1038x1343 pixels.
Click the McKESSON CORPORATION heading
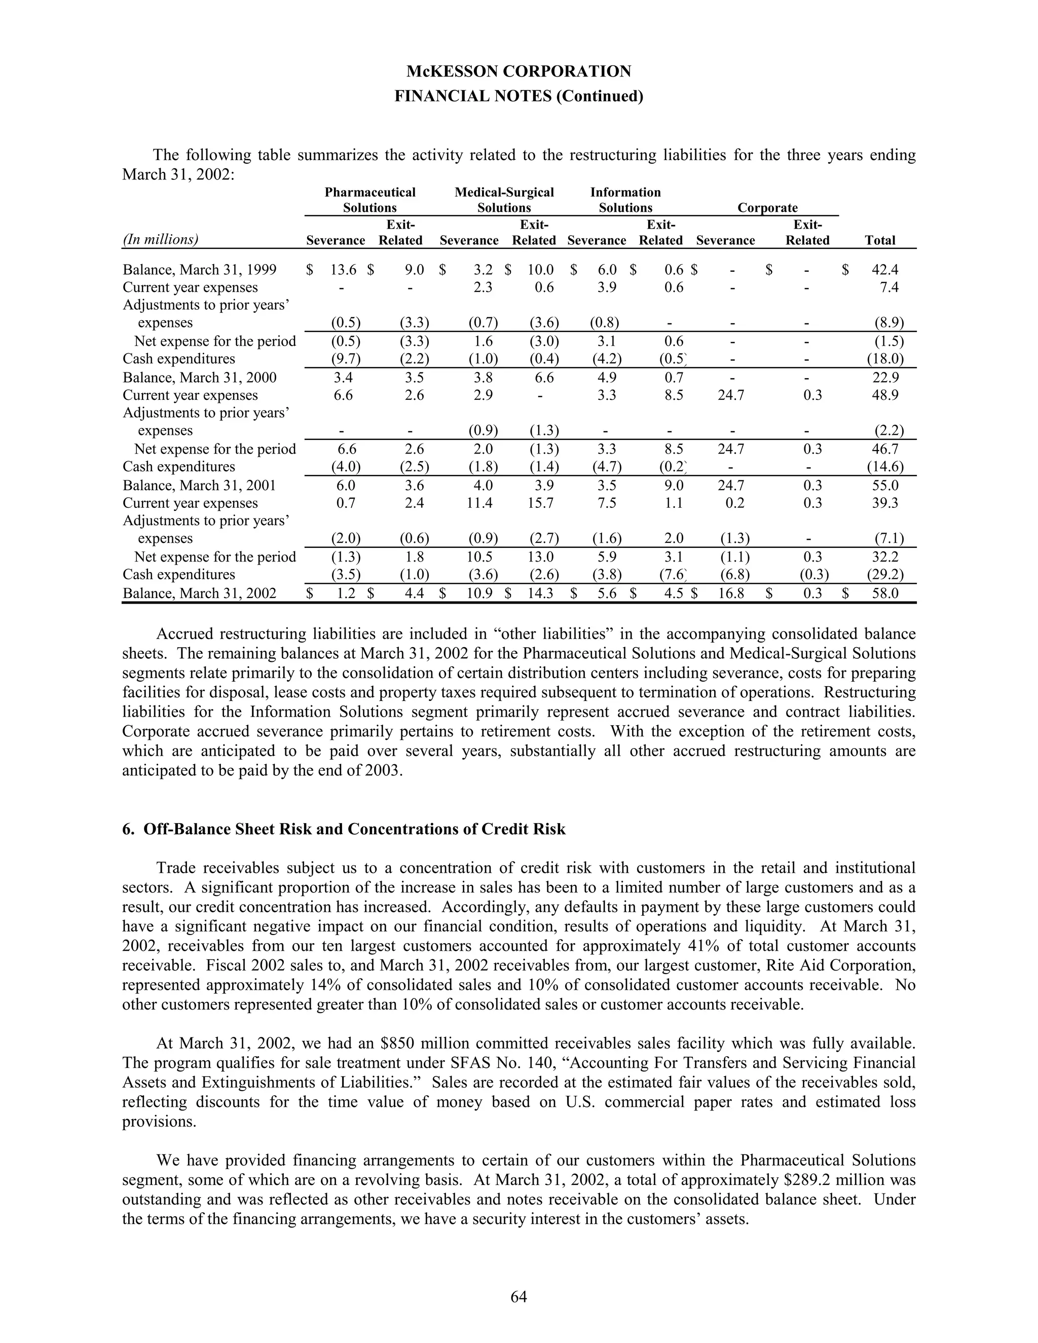518,72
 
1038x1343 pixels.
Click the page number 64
518,1296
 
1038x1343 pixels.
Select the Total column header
879,240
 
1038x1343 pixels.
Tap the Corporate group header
767,208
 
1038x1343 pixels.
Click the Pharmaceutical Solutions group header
369,200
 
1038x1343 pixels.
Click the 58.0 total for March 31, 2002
885,593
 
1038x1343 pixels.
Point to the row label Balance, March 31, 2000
199,378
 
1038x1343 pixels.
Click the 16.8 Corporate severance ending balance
731,593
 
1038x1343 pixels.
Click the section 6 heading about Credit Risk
344,829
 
